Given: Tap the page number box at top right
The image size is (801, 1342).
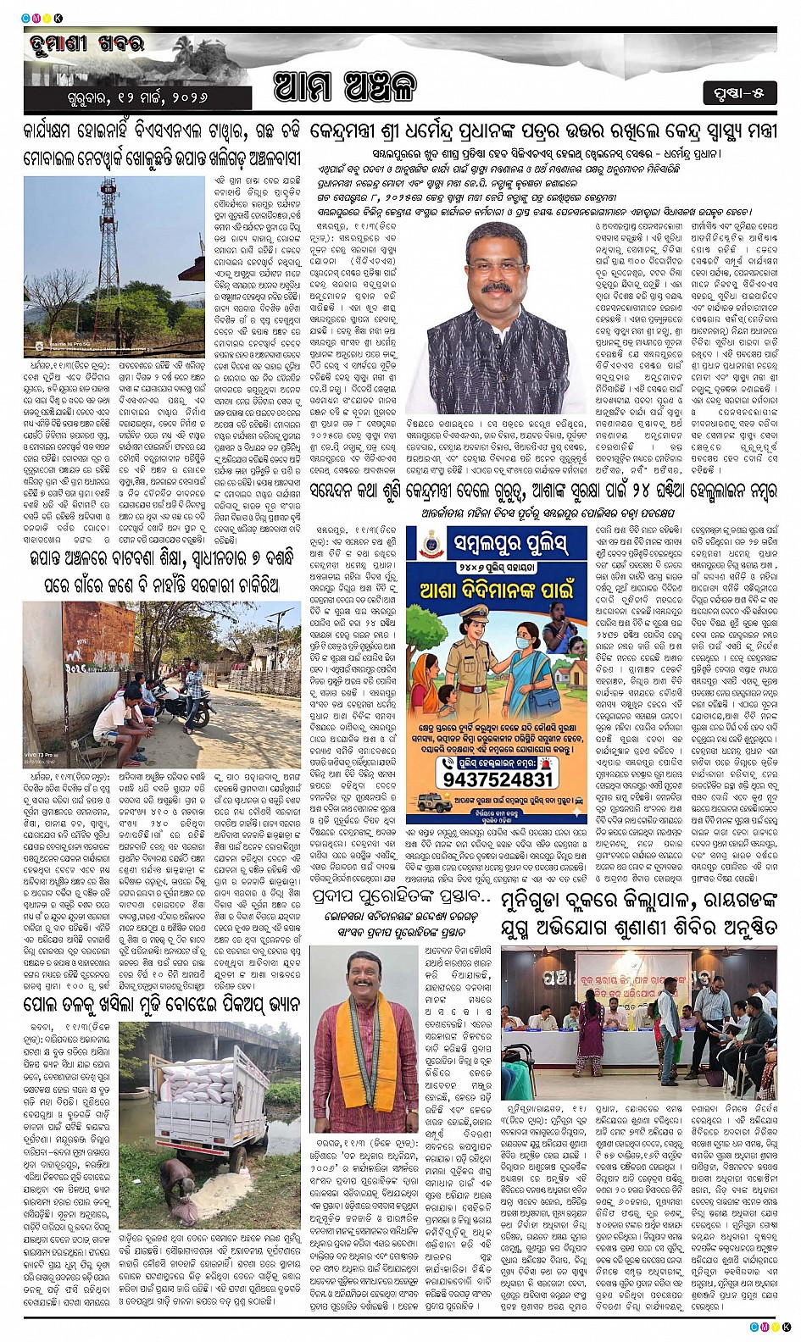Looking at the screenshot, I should (x=739, y=92).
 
